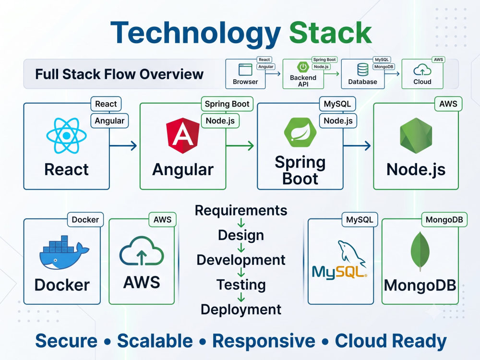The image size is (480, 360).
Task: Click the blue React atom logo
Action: [x=66, y=135]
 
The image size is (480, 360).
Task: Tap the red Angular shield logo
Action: [x=183, y=135]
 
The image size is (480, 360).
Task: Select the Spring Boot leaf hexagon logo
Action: [x=300, y=132]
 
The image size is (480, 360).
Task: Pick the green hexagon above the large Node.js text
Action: [x=416, y=135]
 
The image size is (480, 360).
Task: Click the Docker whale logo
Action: [x=64, y=252]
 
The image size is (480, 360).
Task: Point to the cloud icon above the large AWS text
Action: [x=142, y=251]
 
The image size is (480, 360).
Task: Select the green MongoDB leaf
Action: [x=420, y=251]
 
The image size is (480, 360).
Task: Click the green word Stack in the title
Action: [x=331, y=33]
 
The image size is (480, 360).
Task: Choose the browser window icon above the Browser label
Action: [x=245, y=70]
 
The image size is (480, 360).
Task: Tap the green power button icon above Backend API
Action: [x=303, y=67]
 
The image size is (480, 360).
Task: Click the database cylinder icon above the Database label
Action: [x=363, y=70]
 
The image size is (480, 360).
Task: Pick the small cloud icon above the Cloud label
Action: [x=422, y=70]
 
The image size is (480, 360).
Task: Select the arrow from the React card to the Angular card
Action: [x=123, y=146]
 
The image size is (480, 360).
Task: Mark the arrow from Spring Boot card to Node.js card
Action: [x=357, y=146]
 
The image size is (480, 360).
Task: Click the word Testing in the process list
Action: [x=241, y=285]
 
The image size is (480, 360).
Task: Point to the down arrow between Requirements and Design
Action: [x=241, y=223]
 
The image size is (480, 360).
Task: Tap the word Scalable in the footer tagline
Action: [x=155, y=341]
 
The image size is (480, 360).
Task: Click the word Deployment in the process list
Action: [x=241, y=310]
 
